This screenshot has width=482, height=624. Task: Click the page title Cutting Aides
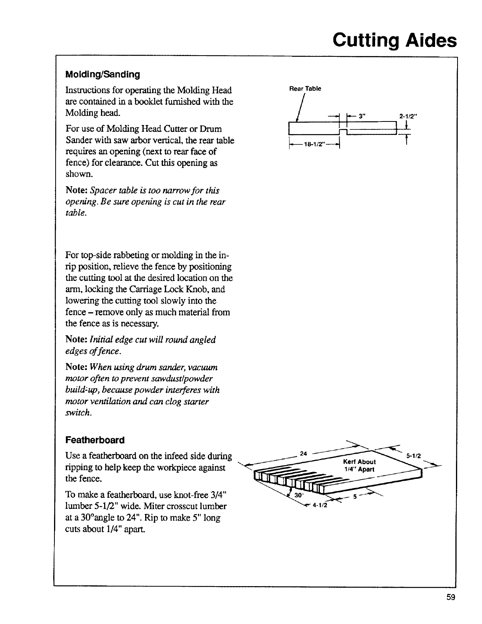(394, 40)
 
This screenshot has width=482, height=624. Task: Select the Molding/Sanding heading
(103, 74)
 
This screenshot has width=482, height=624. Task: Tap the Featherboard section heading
(95, 440)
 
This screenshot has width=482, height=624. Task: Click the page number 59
(451, 597)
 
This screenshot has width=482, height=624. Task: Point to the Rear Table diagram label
(305, 88)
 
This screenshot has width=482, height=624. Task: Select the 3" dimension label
(361, 116)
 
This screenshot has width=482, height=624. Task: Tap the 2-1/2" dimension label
(408, 116)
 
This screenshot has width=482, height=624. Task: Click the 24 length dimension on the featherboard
(304, 453)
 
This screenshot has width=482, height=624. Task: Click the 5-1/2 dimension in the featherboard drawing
(414, 456)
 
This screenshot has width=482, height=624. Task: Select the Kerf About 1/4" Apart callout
(359, 465)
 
